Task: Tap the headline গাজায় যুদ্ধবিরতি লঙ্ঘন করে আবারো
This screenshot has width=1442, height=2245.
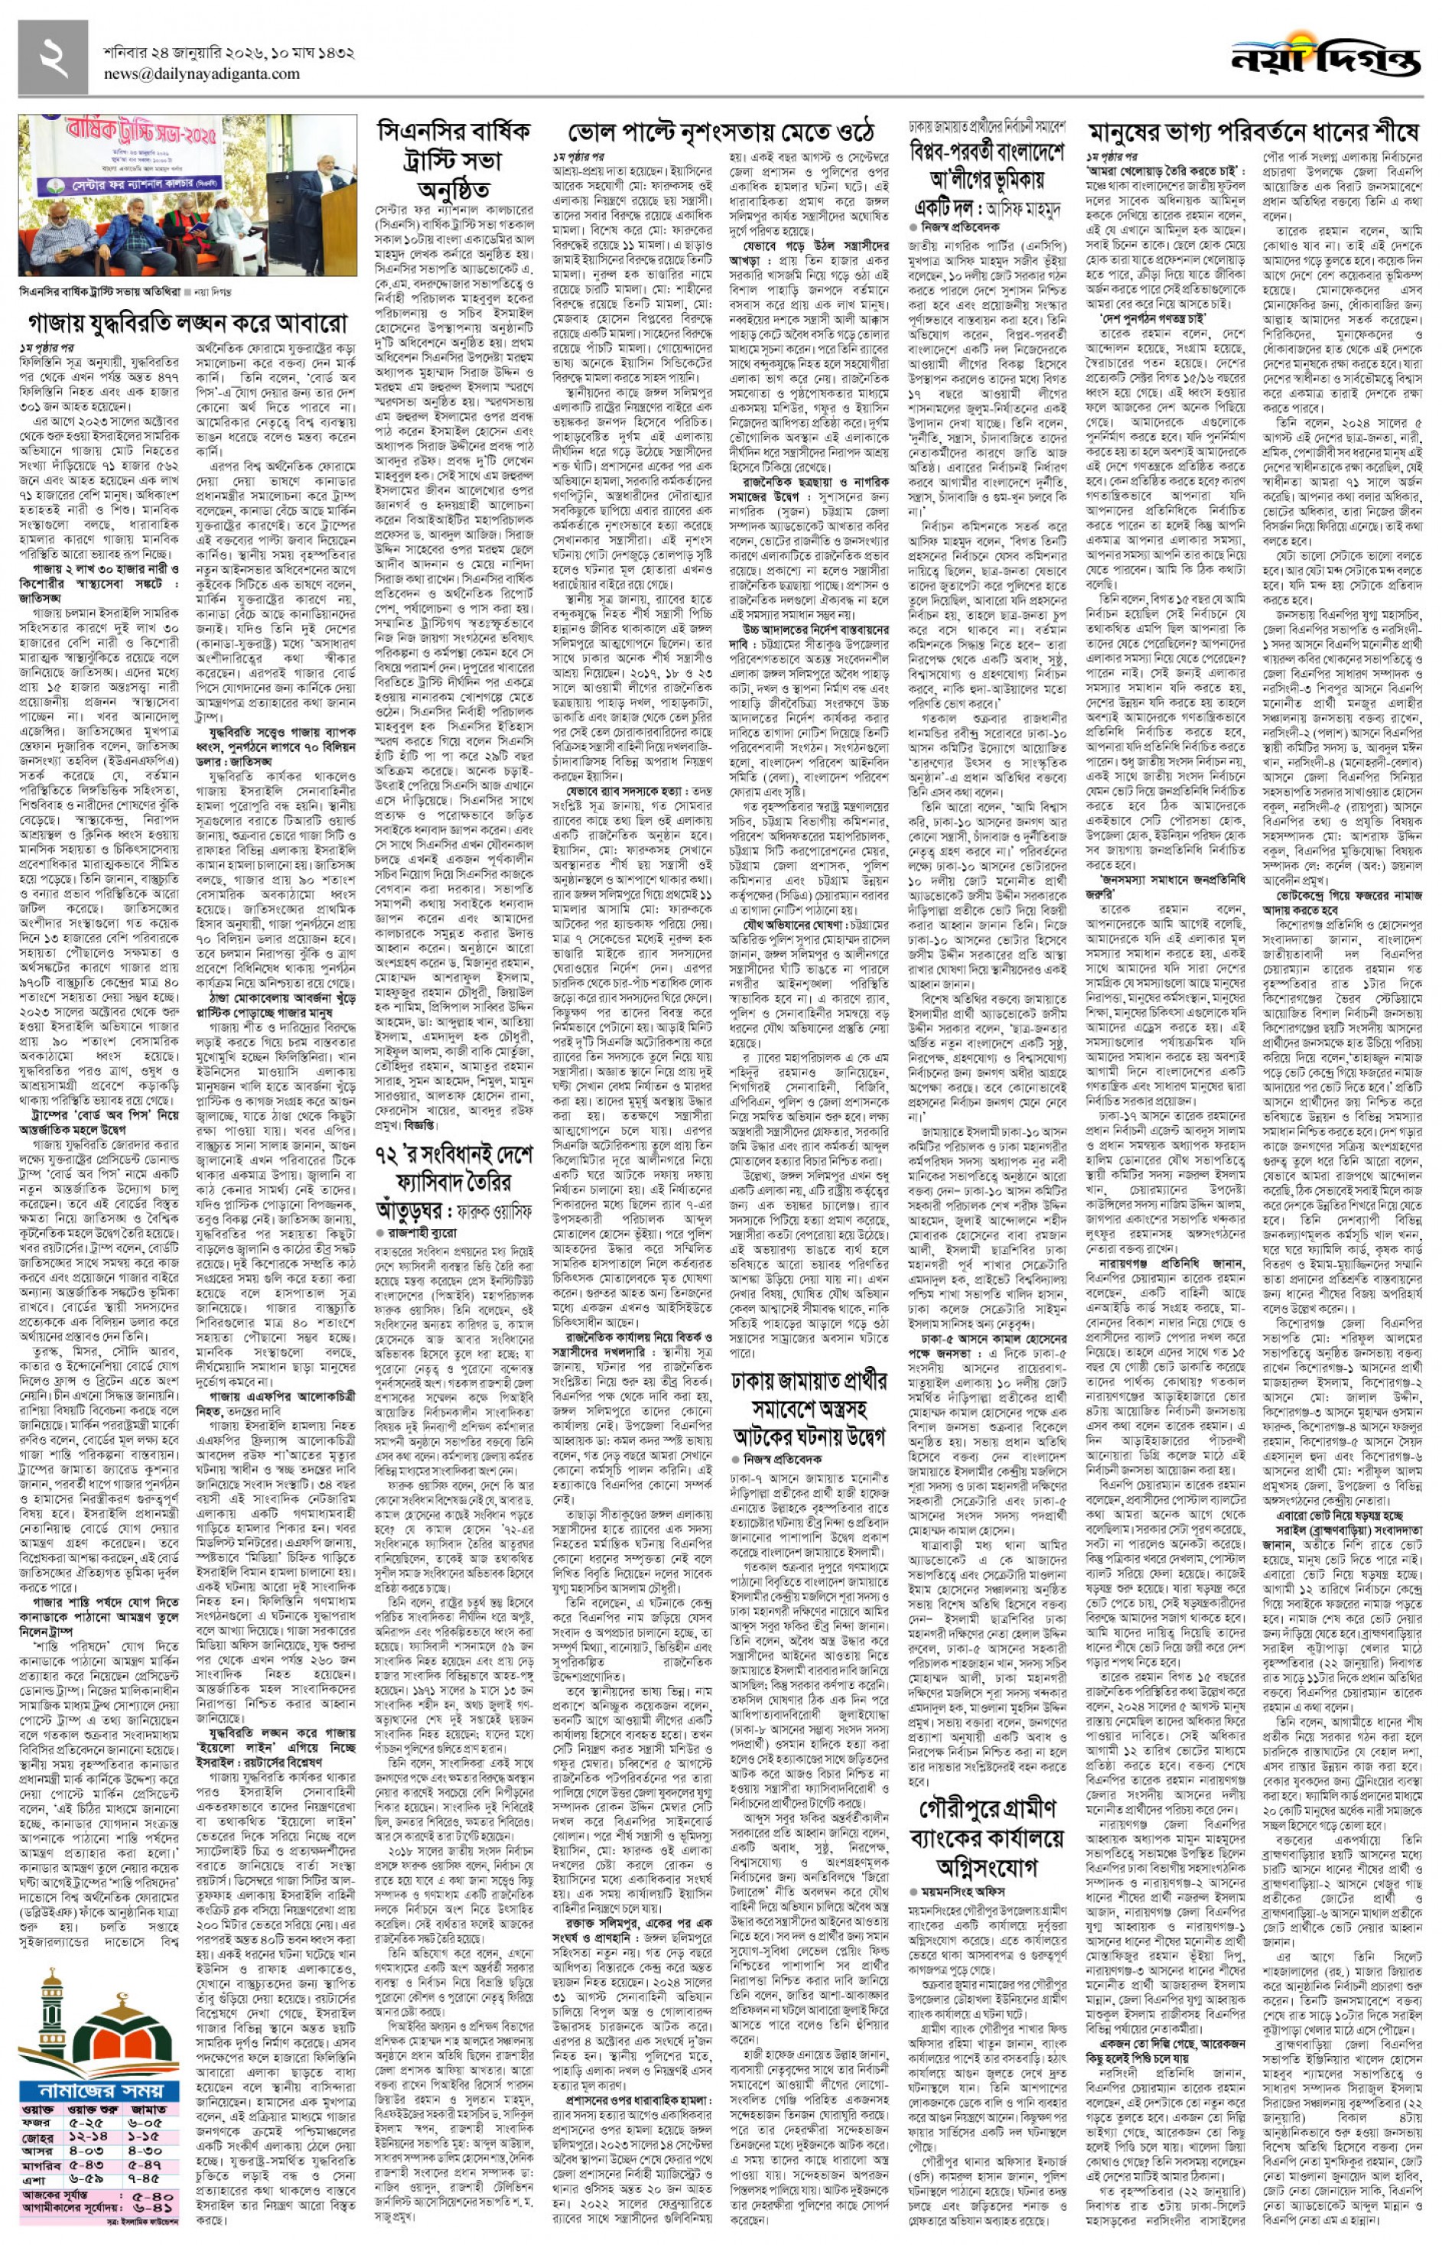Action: point(188,324)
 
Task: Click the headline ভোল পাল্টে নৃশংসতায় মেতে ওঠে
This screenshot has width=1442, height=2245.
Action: point(721,130)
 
